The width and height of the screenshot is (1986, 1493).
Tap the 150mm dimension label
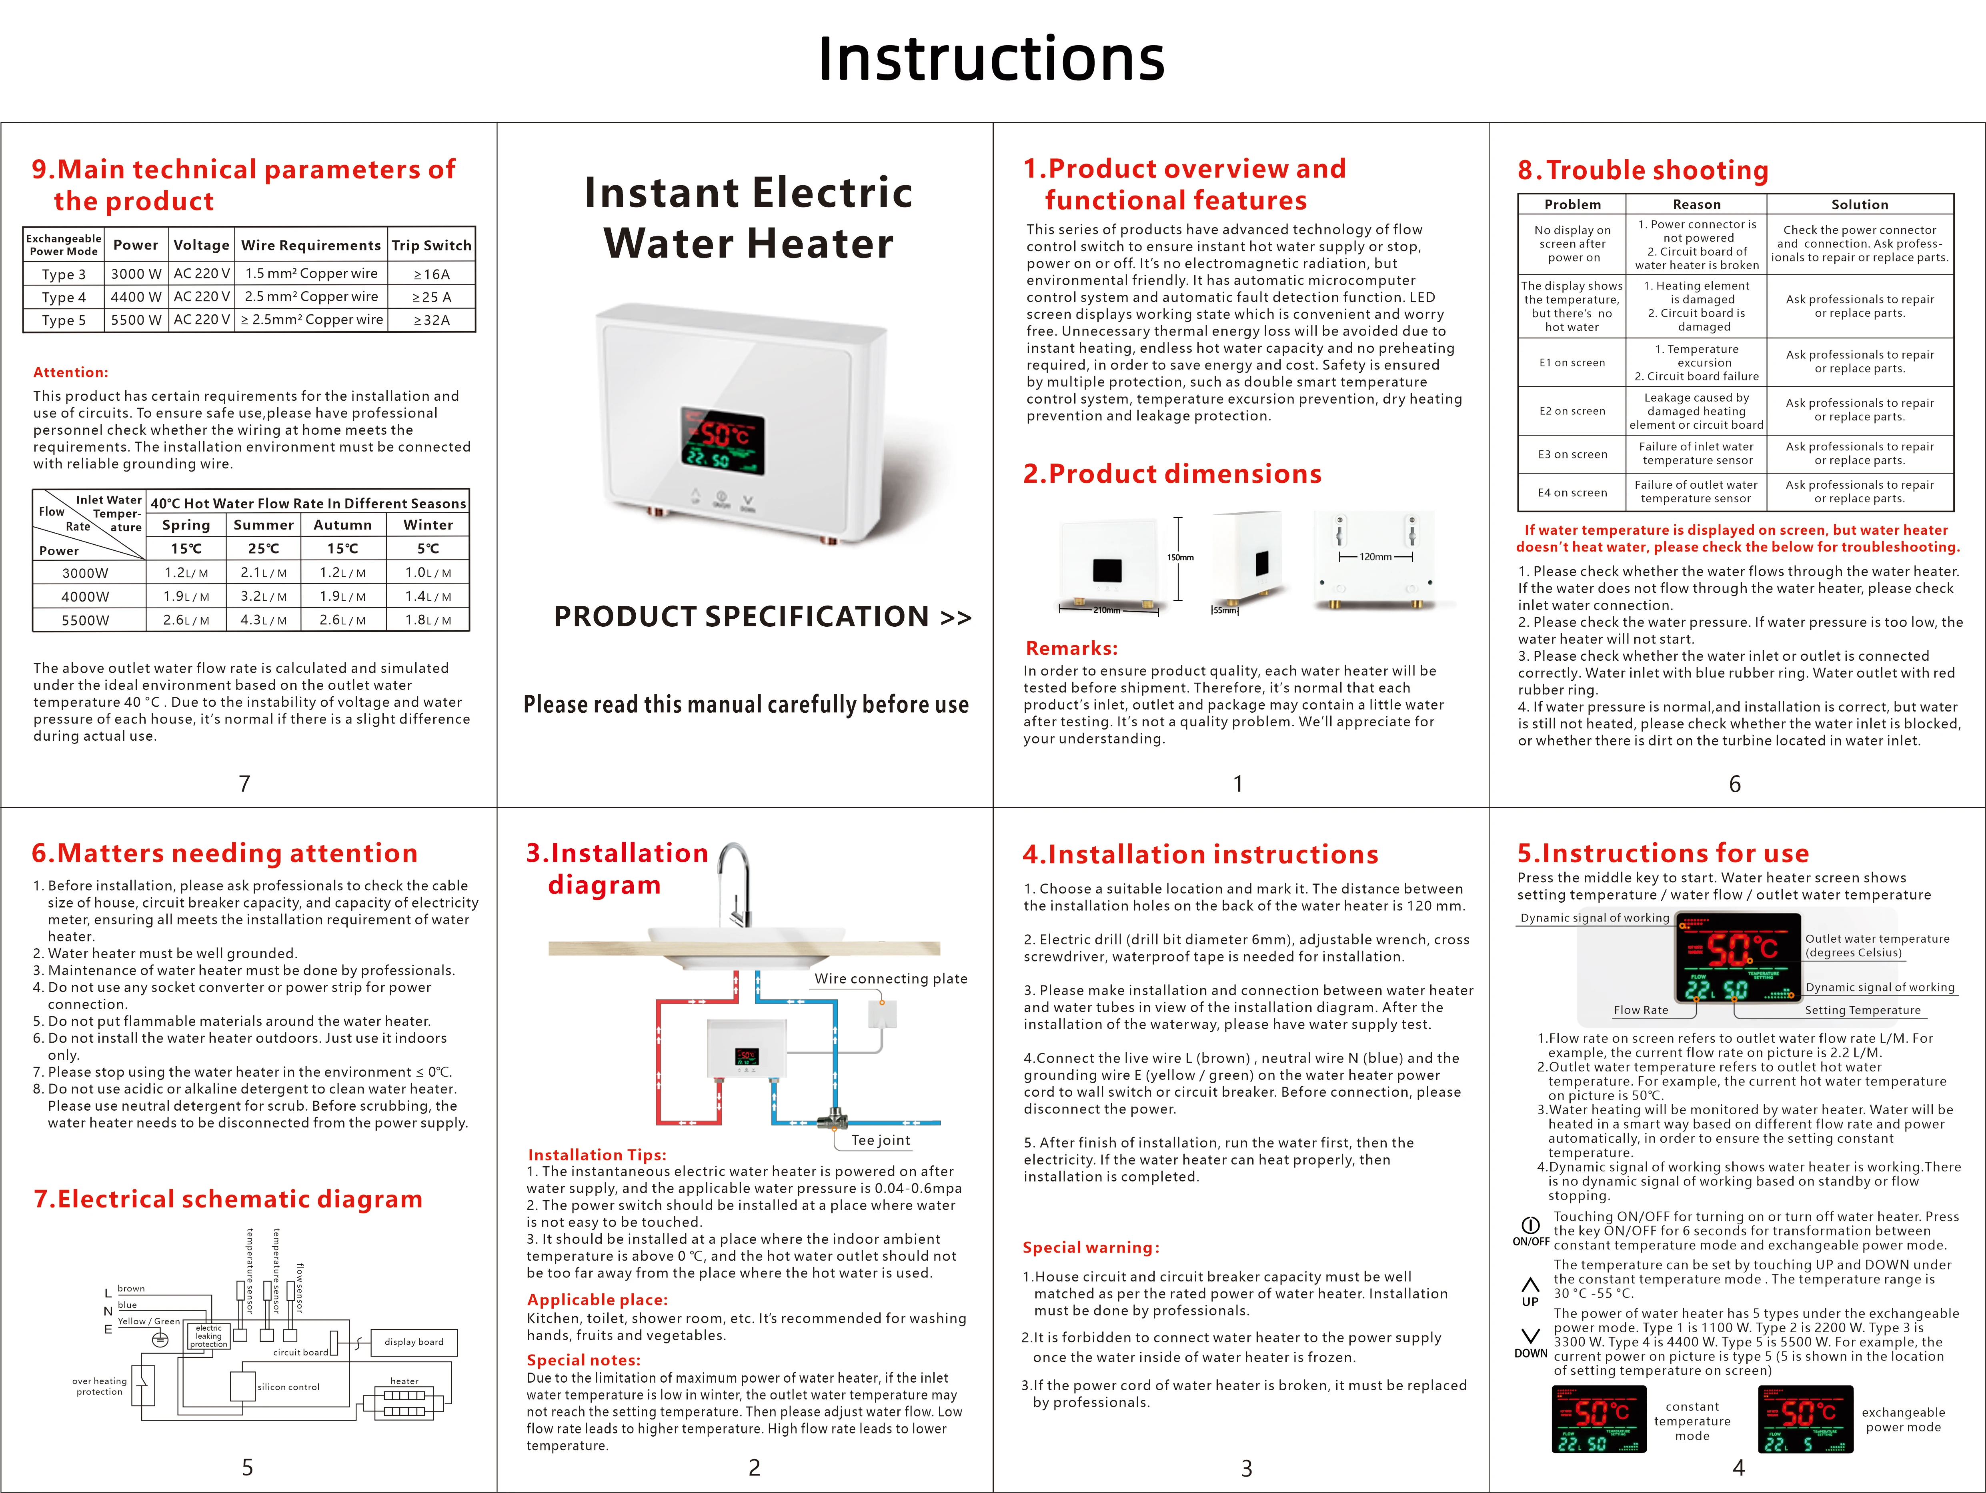click(x=1180, y=558)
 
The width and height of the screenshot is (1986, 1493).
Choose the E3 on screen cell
click(x=1572, y=454)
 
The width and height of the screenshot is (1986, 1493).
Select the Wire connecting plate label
click(x=891, y=979)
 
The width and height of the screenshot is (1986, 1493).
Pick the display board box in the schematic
click(x=414, y=1342)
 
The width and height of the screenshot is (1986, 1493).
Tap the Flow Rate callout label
click(x=1640, y=1010)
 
